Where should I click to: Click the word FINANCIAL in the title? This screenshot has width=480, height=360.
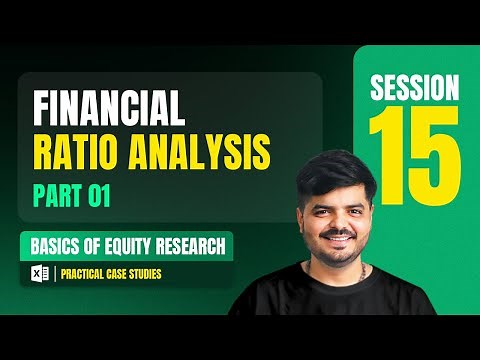109,108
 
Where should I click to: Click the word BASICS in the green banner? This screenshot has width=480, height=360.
57,246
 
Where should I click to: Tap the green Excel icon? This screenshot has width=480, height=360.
40,273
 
